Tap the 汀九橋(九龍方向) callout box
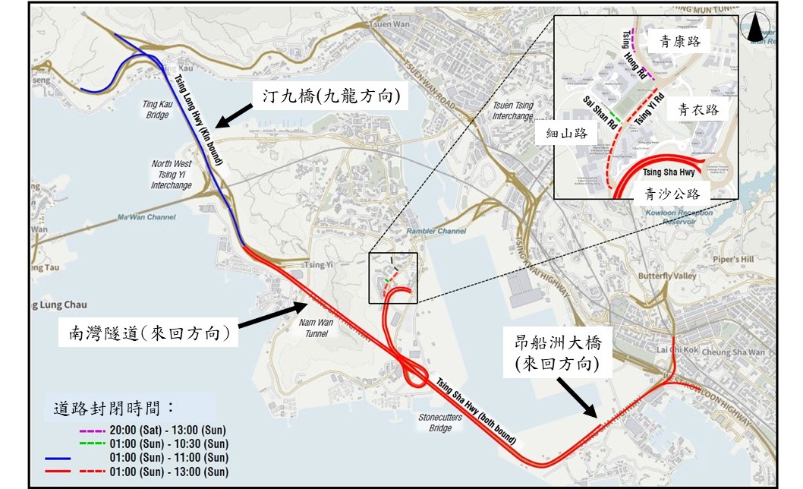click(327, 96)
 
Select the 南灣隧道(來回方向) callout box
click(148, 333)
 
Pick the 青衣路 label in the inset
click(698, 110)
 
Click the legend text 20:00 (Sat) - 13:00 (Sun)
click(168, 431)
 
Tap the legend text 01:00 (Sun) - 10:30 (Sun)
click(168, 443)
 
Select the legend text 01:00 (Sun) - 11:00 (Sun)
click(168, 457)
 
